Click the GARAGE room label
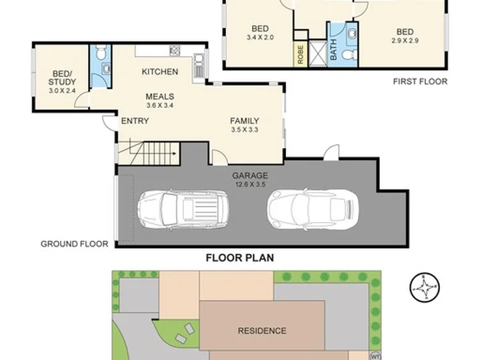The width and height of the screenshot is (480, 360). tap(250, 175)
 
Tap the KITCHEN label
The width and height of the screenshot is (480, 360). tap(160, 71)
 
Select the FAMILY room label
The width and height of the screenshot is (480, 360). tap(245, 121)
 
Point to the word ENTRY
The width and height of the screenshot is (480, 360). tap(135, 121)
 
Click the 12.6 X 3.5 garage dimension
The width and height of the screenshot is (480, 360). tap(250, 185)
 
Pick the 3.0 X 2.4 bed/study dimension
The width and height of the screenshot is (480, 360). tap(62, 91)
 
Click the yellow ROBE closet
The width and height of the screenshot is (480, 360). tap(301, 54)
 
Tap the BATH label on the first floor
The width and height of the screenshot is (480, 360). tap(333, 50)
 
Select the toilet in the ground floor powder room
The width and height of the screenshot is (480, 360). tap(101, 52)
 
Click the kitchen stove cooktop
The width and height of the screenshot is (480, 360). tap(175, 51)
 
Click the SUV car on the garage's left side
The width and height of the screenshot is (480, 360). tap(183, 209)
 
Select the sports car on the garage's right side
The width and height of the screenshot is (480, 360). tap(313, 210)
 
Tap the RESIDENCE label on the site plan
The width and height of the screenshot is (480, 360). tap(262, 331)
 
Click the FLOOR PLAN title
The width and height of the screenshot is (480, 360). tap(240, 258)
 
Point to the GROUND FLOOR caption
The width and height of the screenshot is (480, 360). tap(75, 244)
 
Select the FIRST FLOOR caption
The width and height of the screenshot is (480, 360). tap(420, 81)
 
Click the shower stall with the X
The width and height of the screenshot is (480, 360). tap(317, 53)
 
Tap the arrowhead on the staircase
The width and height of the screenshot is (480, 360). tap(175, 154)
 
